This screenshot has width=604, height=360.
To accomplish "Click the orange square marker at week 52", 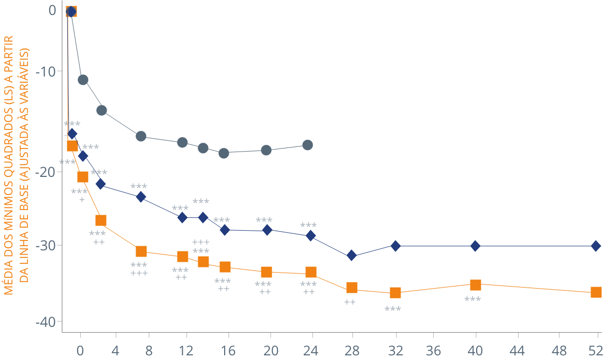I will click(x=596, y=292).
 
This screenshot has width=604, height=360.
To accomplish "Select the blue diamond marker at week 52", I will click(x=596, y=246).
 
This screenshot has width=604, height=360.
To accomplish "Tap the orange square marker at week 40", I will click(x=476, y=284).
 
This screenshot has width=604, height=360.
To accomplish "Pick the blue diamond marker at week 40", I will click(x=476, y=246).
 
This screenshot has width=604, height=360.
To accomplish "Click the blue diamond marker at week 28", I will click(x=352, y=256).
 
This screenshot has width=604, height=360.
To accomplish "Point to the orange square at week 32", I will click(x=395, y=293).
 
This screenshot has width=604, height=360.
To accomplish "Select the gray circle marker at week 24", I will click(x=307, y=145).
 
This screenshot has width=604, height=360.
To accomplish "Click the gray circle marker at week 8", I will click(x=141, y=136).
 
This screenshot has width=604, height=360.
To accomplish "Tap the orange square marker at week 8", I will click(x=141, y=251).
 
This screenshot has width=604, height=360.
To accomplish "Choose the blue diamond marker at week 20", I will click(x=267, y=230).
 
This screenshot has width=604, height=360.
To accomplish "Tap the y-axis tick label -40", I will click(x=46, y=322).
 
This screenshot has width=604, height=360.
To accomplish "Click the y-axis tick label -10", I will click(x=46, y=70).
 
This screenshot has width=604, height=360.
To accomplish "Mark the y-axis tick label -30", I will click(x=46, y=245).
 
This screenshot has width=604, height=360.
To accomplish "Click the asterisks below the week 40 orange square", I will click(x=473, y=300).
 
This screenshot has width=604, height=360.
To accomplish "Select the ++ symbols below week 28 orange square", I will click(x=350, y=302).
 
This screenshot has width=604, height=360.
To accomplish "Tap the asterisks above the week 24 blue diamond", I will click(x=308, y=226).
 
